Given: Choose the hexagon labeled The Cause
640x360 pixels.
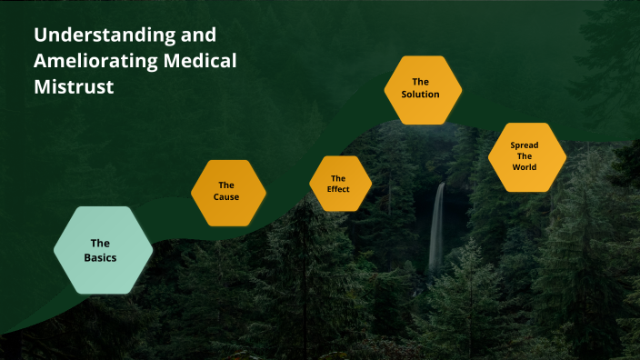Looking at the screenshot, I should pos(227,192).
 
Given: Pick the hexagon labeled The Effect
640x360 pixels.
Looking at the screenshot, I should pos(339,184).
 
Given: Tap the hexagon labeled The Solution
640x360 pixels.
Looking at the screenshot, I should pos(422,88).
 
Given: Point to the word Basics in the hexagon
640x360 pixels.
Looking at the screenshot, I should pos(101,257).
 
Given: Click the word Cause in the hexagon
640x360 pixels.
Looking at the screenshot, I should pos(227,197).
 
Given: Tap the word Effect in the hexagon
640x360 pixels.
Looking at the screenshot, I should pos(339,189).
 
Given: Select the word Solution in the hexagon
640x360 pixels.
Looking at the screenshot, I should pos(421,95).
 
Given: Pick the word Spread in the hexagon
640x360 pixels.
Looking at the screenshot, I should pos(525,145).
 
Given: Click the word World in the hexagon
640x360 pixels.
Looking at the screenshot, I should pos(525,167).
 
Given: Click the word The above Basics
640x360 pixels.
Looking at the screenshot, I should pos(101,243).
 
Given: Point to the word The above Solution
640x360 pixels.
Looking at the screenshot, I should pos(421,82).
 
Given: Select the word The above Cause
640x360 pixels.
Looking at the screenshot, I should pos(227,185).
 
